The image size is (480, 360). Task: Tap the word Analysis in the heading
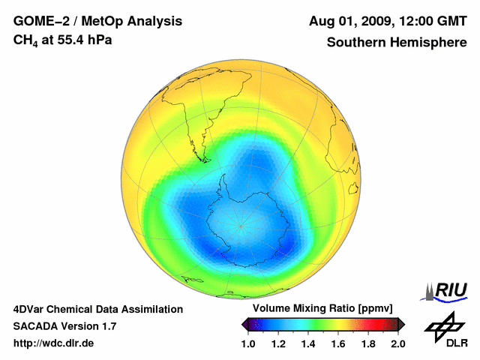pos(146,20)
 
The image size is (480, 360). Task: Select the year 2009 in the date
pos(377,20)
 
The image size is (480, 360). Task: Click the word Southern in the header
pos(355,42)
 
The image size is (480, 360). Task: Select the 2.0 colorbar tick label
pos(398,343)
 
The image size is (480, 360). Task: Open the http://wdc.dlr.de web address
pos(53,343)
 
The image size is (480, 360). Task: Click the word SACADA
pos(36,326)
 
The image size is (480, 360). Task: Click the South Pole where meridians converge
pos(241,223)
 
